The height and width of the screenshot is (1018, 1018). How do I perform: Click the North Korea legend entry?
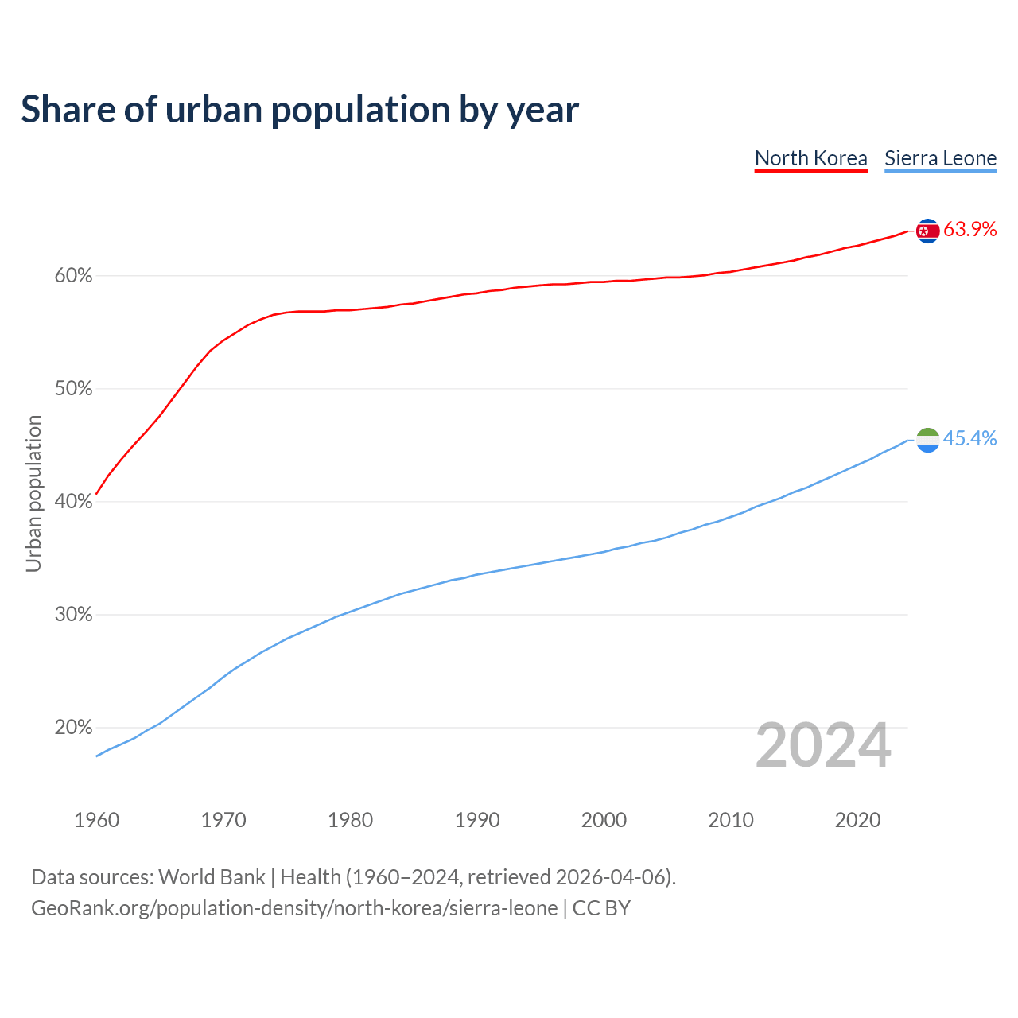coord(810,158)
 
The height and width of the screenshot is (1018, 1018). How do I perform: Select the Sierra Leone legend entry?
coord(940,158)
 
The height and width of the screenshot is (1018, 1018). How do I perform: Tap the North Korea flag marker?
coord(927,231)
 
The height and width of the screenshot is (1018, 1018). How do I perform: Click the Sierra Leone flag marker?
coord(927,440)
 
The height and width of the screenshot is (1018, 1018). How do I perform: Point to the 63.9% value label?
coord(969,230)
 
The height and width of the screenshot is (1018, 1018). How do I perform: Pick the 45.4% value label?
coord(969,439)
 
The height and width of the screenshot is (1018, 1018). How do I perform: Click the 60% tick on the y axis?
coord(73,276)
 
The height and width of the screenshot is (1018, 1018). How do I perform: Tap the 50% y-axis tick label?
coord(73,389)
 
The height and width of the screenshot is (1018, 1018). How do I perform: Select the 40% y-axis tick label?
coord(73,502)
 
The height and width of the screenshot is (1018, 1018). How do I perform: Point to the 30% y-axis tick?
coord(73,615)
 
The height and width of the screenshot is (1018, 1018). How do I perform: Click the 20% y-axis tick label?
coord(73,728)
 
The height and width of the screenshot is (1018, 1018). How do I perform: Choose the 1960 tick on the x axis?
coord(96,820)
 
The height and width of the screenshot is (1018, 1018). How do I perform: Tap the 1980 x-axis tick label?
coord(350,820)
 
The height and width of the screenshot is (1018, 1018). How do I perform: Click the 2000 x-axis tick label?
coord(604,820)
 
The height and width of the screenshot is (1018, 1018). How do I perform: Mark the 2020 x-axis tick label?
coord(857,820)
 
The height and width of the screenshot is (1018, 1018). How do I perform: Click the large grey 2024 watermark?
coord(822,745)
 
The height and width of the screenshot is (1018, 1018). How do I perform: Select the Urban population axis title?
coord(33,493)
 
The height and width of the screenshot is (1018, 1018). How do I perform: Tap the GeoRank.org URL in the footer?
coord(294,908)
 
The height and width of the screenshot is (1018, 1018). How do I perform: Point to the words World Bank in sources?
coord(212,877)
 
